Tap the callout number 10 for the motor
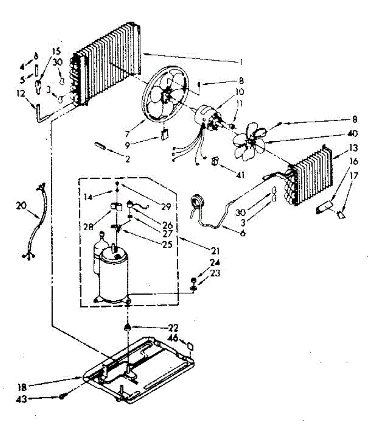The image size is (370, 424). point(239,92)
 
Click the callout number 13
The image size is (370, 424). point(353,148)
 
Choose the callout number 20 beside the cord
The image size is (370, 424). point(21,206)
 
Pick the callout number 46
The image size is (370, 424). point(173,338)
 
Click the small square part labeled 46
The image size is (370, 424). point(190,346)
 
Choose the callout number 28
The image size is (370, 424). point(88,226)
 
